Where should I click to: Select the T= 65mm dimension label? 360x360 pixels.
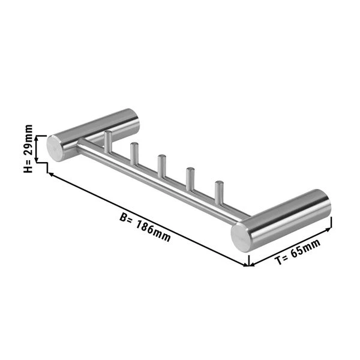[298, 251]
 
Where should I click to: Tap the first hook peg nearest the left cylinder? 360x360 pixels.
[108, 142]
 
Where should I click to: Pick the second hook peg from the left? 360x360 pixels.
[134, 154]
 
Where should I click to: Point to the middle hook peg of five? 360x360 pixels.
[161, 167]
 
